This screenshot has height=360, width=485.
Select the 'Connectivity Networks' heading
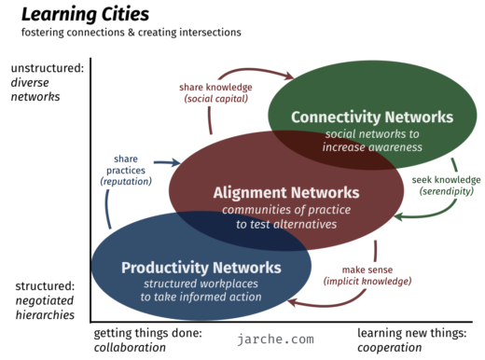(371, 118)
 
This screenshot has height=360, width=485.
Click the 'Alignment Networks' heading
(271, 193)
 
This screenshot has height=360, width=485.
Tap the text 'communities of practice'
(271, 210)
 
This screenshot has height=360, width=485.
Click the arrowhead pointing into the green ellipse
(290, 76)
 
